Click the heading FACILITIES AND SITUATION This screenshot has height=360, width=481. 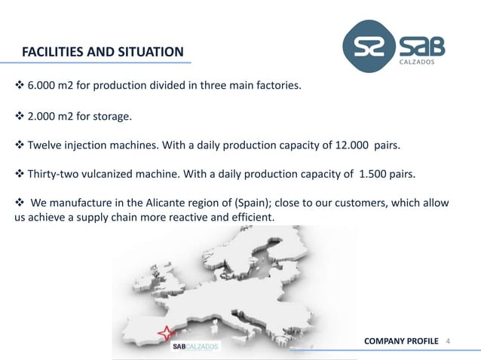(103, 52)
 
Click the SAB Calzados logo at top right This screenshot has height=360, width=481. (394, 47)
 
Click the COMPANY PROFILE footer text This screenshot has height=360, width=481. (401, 342)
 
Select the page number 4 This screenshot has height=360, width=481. (449, 342)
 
